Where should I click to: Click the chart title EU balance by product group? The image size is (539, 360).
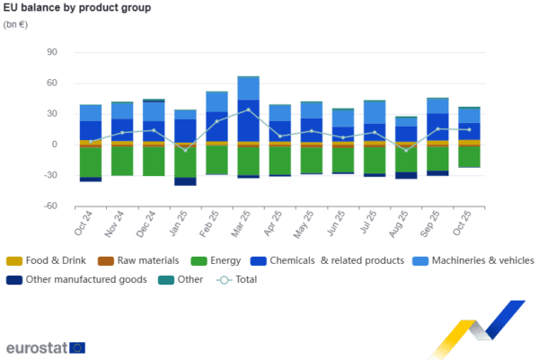77,8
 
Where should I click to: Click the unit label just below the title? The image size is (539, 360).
15,24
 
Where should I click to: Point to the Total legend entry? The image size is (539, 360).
238,279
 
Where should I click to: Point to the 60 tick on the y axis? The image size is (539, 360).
52,83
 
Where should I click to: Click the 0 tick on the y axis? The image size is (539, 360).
55,145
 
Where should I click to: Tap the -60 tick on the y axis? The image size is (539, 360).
50,206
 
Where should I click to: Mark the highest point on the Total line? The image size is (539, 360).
249,110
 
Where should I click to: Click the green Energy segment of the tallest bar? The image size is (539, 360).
249,160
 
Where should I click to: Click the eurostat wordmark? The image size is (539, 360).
35,347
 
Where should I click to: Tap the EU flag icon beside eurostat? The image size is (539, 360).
78,347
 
